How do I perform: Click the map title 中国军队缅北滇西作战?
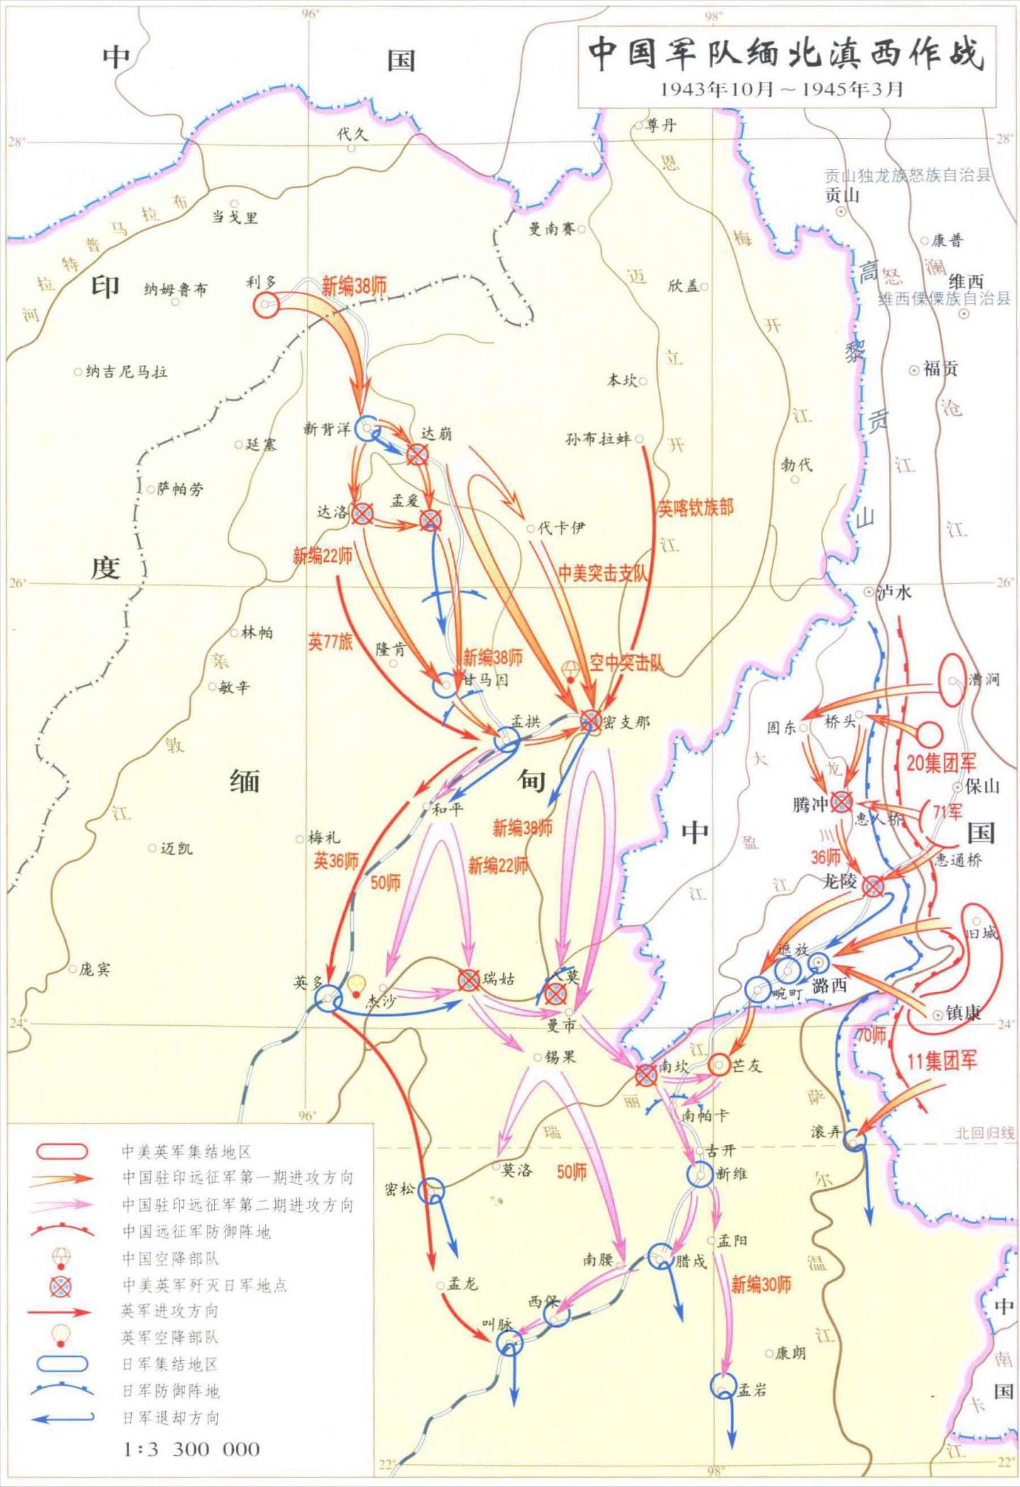pos(786,54)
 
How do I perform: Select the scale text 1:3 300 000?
pos(192,1449)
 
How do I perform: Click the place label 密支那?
pos(627,722)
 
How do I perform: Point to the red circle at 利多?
pos(267,305)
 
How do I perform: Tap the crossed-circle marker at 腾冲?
pos(841,802)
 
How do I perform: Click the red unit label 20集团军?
pos(941,763)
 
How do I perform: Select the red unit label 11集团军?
pos(942,1061)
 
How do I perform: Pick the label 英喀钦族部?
pos(695,508)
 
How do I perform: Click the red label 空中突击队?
pos(627,663)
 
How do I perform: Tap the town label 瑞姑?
pos(499,979)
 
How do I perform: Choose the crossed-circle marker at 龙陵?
pos(873,886)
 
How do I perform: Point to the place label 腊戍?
pos(691,1261)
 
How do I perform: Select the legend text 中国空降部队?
pos(171,1258)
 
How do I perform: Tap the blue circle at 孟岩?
pos(722,1386)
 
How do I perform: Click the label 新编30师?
pos(761,1284)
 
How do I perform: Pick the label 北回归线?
pos(985,1133)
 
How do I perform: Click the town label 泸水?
pos(894,592)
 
